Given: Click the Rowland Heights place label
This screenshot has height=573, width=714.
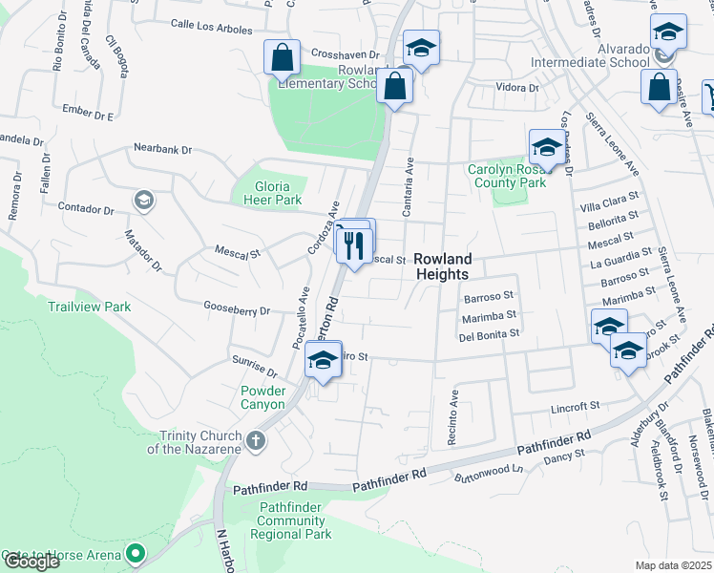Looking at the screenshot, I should click(443, 266).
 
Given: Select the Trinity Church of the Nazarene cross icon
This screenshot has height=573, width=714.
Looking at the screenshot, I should click(254, 440).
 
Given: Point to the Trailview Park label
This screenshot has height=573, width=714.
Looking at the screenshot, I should click(90, 308).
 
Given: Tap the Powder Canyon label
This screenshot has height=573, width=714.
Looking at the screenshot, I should click(263, 397).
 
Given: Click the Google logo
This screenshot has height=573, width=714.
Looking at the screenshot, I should click(31, 562).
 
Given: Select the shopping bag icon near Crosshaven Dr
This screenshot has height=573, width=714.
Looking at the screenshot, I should click(283, 60).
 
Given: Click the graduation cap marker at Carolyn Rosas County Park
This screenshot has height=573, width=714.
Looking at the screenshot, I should click(545, 148).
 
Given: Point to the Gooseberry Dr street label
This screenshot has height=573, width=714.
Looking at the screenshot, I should click(237, 309).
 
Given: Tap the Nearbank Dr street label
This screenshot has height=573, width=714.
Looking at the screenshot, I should click(163, 149).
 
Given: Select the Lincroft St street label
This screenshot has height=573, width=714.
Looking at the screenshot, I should click(577, 406).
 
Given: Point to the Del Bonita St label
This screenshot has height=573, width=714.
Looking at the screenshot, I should click(489, 334).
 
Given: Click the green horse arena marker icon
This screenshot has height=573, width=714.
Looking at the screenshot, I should click(136, 552).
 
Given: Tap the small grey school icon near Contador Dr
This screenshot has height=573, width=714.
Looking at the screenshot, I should click(143, 200).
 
